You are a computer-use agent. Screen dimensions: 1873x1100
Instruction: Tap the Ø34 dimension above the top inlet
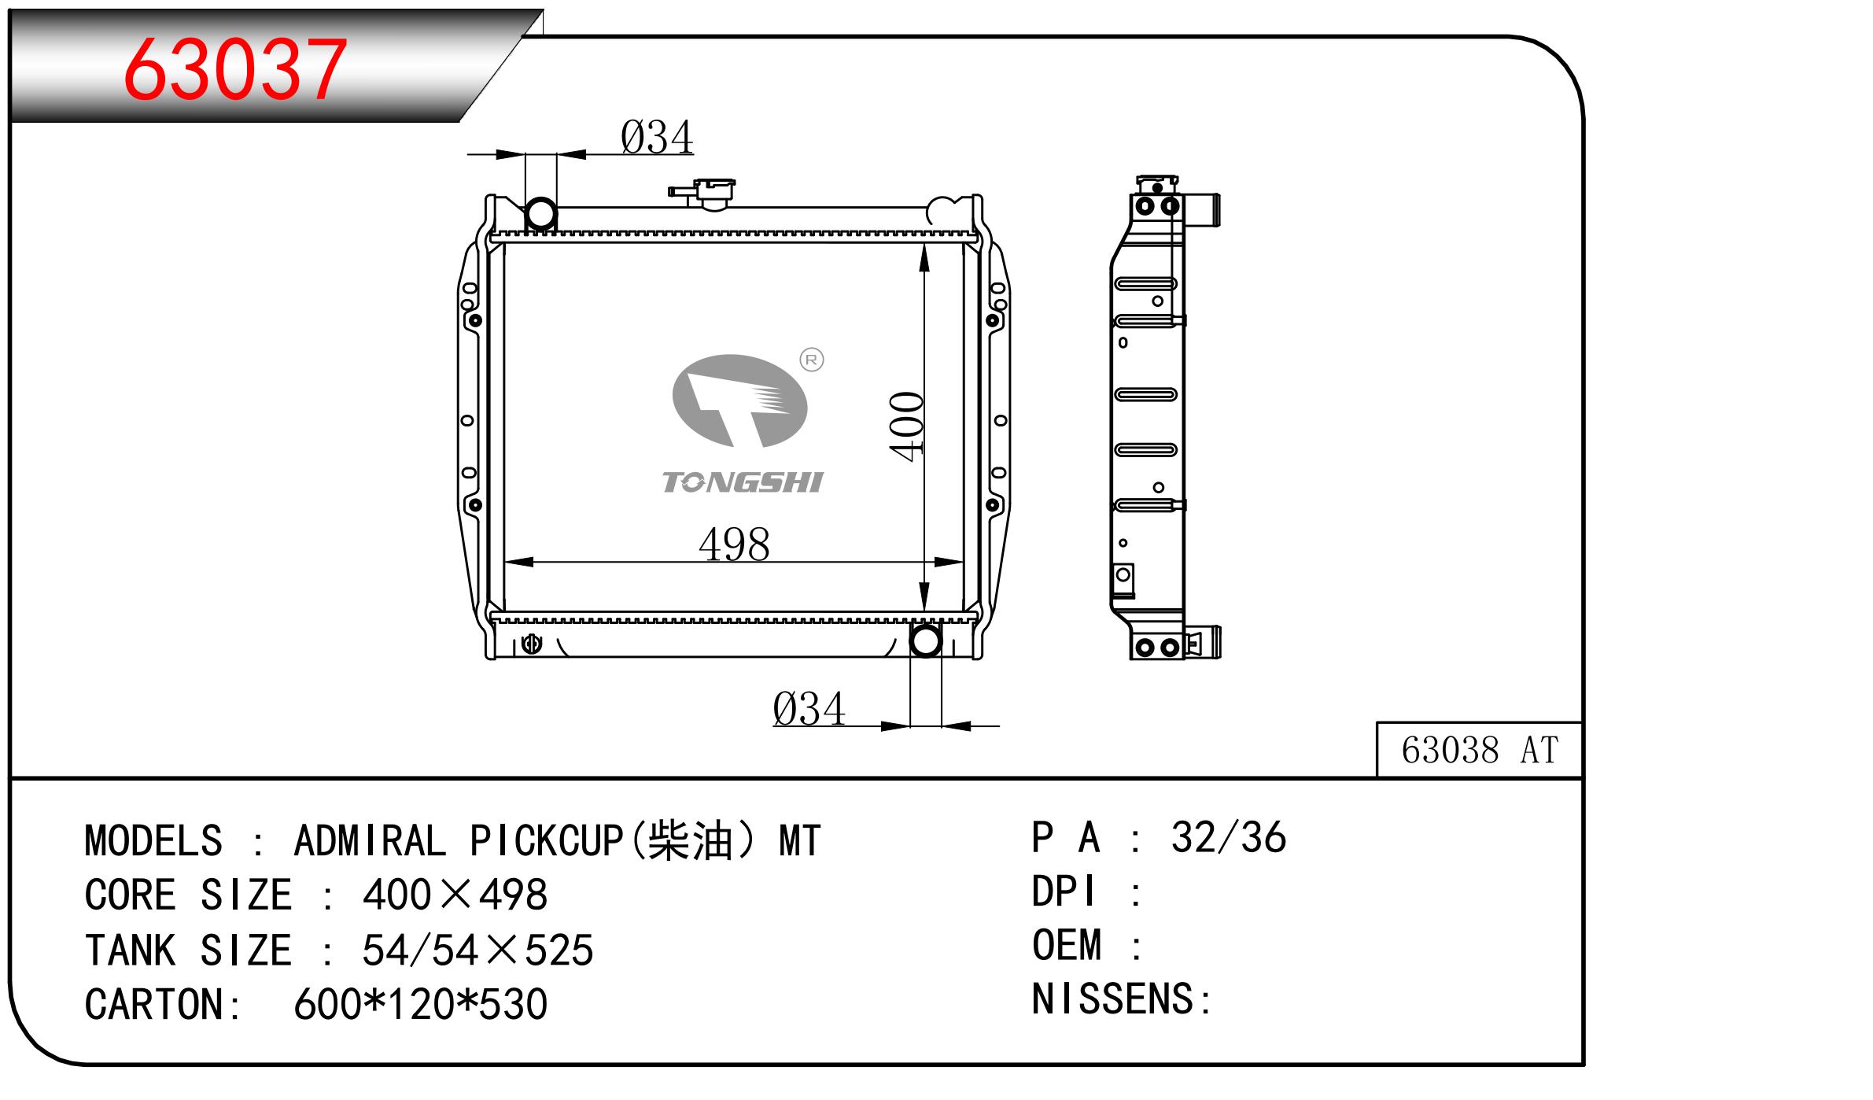657,137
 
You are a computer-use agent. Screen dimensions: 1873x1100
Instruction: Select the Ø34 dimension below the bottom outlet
809,709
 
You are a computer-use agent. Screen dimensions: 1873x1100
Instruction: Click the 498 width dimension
734,544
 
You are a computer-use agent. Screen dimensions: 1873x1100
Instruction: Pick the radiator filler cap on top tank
702,194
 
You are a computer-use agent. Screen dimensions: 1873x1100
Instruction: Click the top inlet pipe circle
540,214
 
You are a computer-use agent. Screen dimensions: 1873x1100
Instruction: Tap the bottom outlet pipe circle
925,640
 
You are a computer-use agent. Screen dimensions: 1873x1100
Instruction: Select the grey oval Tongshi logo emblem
739,401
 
